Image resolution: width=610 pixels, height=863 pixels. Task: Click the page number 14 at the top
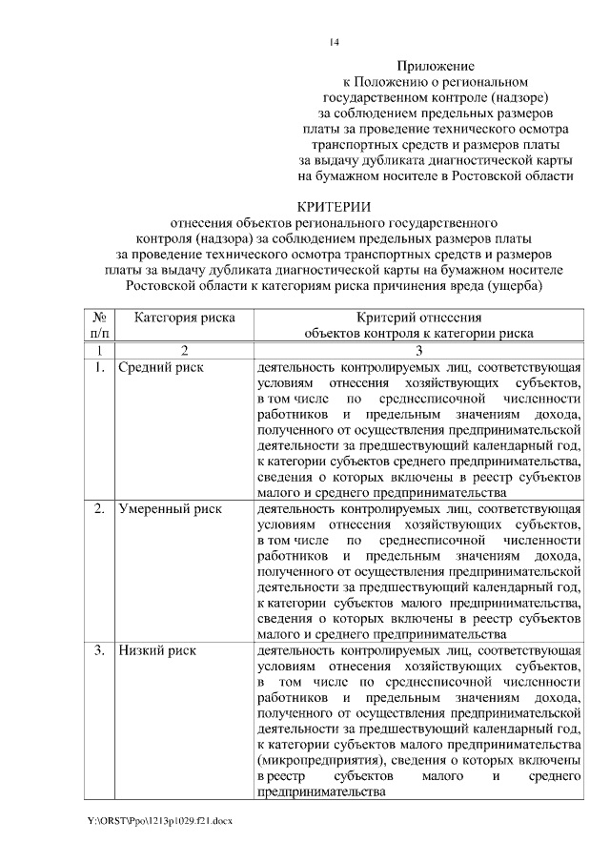[333, 42]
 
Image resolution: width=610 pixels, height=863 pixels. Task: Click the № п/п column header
[98, 325]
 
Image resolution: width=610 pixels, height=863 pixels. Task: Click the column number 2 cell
[184, 350]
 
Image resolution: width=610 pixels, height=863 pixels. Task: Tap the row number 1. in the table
[99, 366]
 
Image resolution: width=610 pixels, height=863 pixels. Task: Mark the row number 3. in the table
[99, 650]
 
